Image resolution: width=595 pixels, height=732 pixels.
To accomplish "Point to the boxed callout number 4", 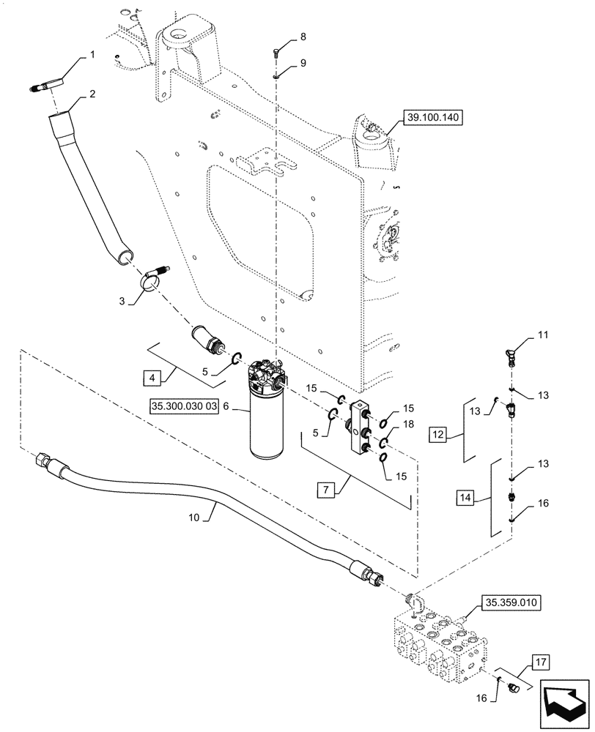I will coord(151,378).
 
